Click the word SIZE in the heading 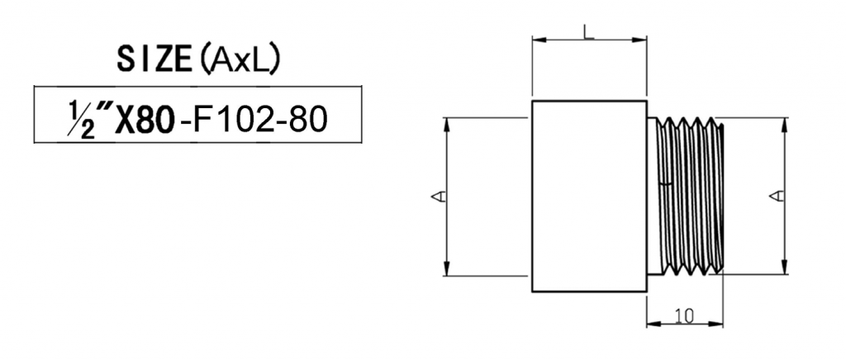pos(150,59)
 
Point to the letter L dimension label pos(587,31)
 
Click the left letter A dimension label pos(440,196)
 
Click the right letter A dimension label pos(775,196)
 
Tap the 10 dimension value pos(683,315)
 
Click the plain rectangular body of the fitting pos(588,196)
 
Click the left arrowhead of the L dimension pos(536,39)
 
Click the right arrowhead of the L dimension pos(642,39)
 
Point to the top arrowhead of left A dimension pos(447,121)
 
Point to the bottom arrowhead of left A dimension pos(447,271)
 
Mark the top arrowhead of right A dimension pos(782,121)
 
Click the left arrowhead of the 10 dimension pos(650,323)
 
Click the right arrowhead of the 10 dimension pos(719,323)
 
